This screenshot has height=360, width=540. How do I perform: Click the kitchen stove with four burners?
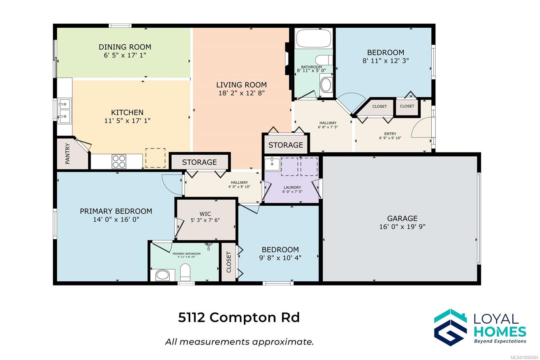119,161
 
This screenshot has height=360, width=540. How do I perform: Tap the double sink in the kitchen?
64,111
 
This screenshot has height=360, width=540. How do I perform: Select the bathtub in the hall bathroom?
314,38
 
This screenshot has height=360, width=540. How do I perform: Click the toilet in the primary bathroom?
185,272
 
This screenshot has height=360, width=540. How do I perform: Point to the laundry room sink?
272,164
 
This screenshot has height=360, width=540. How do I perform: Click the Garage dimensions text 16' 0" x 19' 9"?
402,227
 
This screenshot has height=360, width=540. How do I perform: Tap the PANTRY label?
67,154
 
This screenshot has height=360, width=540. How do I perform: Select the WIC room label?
205,214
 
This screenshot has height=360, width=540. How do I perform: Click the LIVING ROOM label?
242,85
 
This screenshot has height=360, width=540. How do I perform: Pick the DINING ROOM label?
125,47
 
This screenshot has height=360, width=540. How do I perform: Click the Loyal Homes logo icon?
450,327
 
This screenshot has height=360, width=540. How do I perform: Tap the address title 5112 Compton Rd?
239,317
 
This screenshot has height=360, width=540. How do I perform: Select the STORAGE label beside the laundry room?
286,145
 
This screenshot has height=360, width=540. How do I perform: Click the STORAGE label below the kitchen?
199,162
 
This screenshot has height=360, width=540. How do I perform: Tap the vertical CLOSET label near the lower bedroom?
229,262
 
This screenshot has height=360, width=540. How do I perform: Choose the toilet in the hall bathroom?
324,60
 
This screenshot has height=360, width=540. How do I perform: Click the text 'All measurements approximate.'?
239,342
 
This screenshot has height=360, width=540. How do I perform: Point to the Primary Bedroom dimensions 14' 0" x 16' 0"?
116,219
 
